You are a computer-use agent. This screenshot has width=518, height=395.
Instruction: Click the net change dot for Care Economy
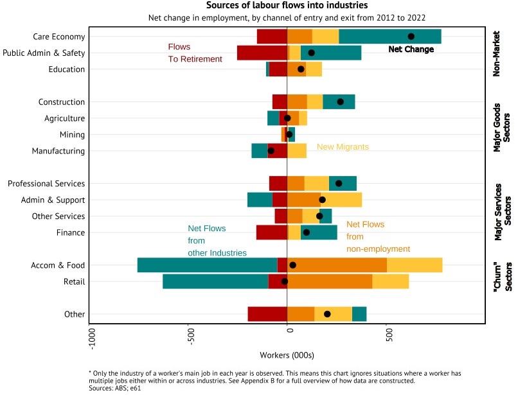coord(411,37)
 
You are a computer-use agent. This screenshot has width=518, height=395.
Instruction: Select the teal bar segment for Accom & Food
coord(207,265)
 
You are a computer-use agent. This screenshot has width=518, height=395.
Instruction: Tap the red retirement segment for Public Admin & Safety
coord(262,53)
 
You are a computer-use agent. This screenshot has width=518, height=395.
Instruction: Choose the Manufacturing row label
coord(58,151)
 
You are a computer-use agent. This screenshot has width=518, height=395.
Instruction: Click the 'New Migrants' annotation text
coord(343,147)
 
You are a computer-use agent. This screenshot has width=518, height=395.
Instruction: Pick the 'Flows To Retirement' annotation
coord(195,53)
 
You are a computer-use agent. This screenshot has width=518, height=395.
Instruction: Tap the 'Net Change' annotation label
coord(411,49)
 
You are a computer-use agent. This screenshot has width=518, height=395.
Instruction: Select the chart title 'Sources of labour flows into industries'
coord(287,6)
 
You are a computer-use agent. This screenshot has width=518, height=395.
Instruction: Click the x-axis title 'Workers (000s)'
coord(287,355)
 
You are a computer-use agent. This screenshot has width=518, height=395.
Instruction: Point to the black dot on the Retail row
coord(285,281)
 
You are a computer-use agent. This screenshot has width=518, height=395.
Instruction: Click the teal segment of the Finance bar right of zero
coord(319,233)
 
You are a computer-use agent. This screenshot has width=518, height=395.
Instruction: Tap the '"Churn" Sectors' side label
coord(501,274)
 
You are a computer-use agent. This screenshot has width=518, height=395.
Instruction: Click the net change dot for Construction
coord(341,102)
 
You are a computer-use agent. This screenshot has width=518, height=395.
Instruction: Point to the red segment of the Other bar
coord(267,314)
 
